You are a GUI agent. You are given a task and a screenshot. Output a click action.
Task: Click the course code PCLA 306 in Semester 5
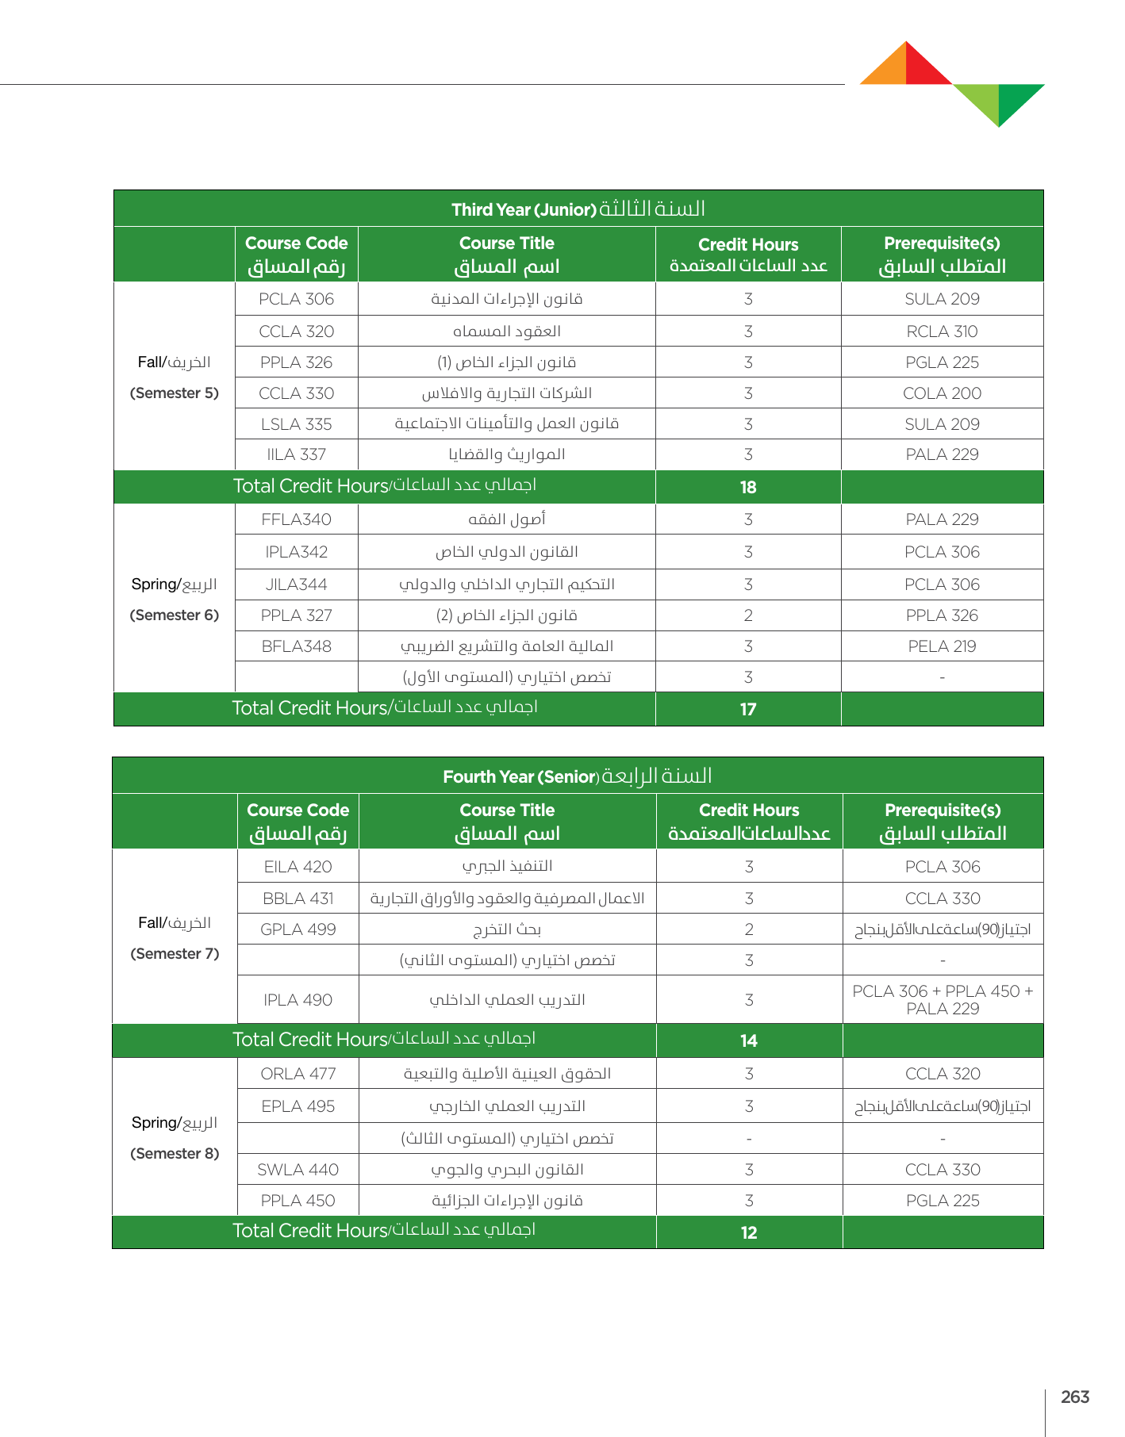pyautogui.click(x=296, y=299)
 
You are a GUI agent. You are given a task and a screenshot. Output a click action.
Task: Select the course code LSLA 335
pyautogui.click(x=296, y=424)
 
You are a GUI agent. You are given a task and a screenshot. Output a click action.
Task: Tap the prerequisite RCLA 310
pyautogui.click(x=942, y=331)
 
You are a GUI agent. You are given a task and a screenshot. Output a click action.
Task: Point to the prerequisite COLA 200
pyautogui.click(x=942, y=393)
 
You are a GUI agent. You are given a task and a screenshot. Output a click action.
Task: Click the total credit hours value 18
pyautogui.click(x=748, y=488)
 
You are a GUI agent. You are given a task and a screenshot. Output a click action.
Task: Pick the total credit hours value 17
pyautogui.click(x=748, y=710)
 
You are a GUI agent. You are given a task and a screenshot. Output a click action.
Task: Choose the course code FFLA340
pyautogui.click(x=296, y=519)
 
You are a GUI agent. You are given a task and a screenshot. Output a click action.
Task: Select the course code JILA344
pyautogui.click(x=296, y=584)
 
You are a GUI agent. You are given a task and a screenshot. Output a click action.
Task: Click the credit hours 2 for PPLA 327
pyautogui.click(x=748, y=615)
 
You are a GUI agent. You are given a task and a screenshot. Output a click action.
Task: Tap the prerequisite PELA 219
pyautogui.click(x=942, y=646)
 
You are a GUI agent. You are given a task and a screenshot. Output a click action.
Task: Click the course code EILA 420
pyautogui.click(x=298, y=867)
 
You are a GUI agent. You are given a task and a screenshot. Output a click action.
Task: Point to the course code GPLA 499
pyautogui.click(x=298, y=929)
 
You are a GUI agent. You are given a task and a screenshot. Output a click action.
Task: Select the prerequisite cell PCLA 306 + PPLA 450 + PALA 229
pyautogui.click(x=943, y=1000)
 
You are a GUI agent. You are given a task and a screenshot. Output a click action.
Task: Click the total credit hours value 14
pyautogui.click(x=749, y=1041)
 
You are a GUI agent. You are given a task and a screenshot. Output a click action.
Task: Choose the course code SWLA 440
pyautogui.click(x=298, y=1170)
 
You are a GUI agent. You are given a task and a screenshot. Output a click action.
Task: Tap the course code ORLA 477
pyautogui.click(x=298, y=1074)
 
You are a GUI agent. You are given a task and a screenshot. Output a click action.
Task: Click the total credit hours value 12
pyautogui.click(x=749, y=1233)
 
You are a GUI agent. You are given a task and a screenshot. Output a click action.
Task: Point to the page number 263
pyautogui.click(x=1075, y=1397)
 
